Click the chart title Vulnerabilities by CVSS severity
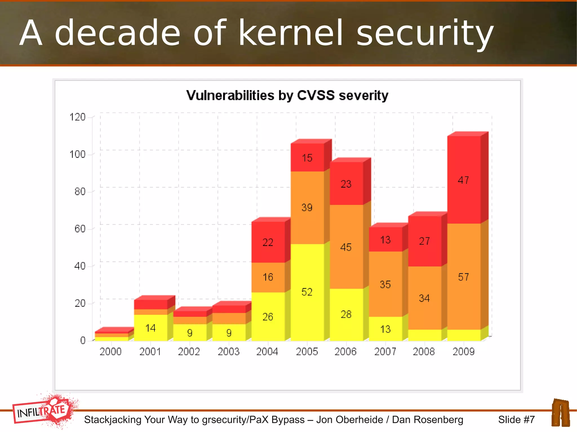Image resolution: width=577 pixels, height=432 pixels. coord(287,95)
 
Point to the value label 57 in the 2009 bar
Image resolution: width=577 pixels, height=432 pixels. coord(463,277)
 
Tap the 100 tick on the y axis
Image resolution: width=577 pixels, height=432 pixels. coord(77,155)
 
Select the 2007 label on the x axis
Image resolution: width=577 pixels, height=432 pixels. coord(385,352)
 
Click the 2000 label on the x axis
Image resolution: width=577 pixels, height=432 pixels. coord(110,352)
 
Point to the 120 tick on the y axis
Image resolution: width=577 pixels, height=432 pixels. coord(77,117)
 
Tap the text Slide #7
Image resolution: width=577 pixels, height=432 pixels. coord(516,420)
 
